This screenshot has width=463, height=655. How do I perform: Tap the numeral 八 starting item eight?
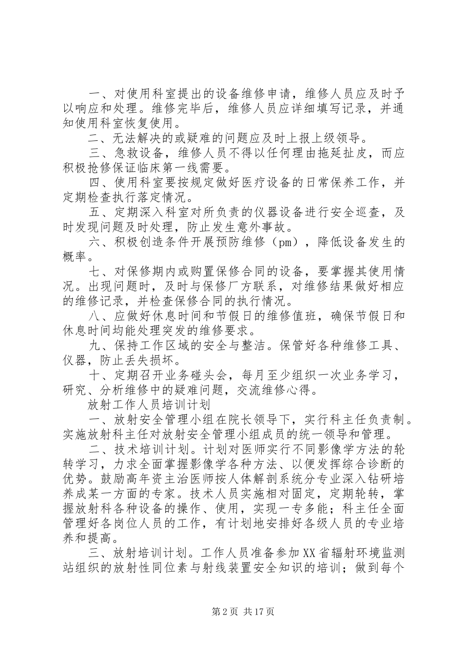96,317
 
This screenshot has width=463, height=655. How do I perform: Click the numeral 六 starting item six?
96,242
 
